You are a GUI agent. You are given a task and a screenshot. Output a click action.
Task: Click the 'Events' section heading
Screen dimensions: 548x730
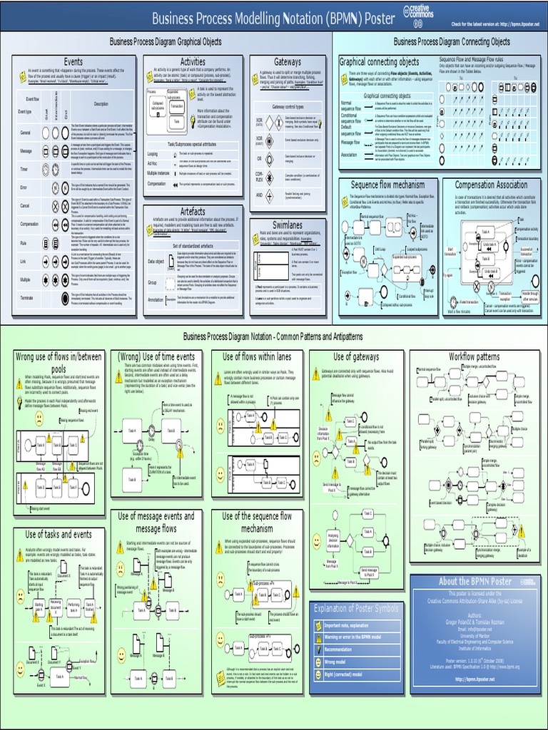tap(73, 62)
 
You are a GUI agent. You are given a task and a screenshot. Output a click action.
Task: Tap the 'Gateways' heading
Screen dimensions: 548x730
tap(288, 62)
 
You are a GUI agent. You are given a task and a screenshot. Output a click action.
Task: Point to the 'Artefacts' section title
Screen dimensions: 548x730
tap(193, 212)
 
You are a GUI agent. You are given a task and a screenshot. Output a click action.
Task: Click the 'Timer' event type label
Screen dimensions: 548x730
tap(25, 170)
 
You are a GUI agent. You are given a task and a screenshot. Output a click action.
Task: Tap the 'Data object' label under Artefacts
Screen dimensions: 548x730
tap(156, 262)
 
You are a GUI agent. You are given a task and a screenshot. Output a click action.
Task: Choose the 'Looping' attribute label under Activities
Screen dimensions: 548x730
tap(153, 153)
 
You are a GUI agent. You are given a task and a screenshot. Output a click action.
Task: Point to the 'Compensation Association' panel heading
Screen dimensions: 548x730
tap(492, 185)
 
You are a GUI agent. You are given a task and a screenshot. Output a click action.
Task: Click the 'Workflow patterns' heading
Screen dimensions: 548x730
tap(474, 356)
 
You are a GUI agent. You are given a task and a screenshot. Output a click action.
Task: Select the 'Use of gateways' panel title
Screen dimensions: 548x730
tap(356, 356)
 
